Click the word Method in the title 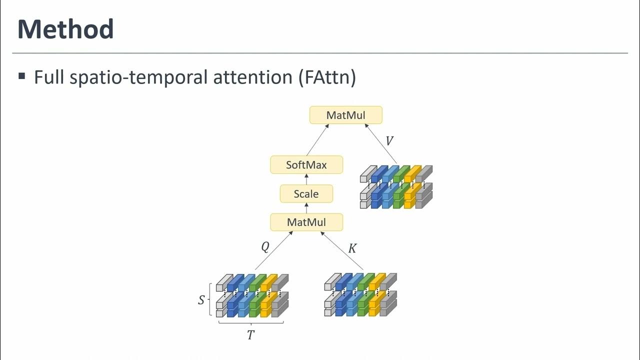65,29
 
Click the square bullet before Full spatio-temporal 21,76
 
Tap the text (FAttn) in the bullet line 328,77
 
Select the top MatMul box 346,115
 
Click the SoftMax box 306,164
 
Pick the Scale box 306,193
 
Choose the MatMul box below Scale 306,222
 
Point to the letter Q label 265,247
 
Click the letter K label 352,248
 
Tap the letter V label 389,141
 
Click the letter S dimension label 201,300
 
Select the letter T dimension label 251,335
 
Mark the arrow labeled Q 274,251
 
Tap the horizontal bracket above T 251,323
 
